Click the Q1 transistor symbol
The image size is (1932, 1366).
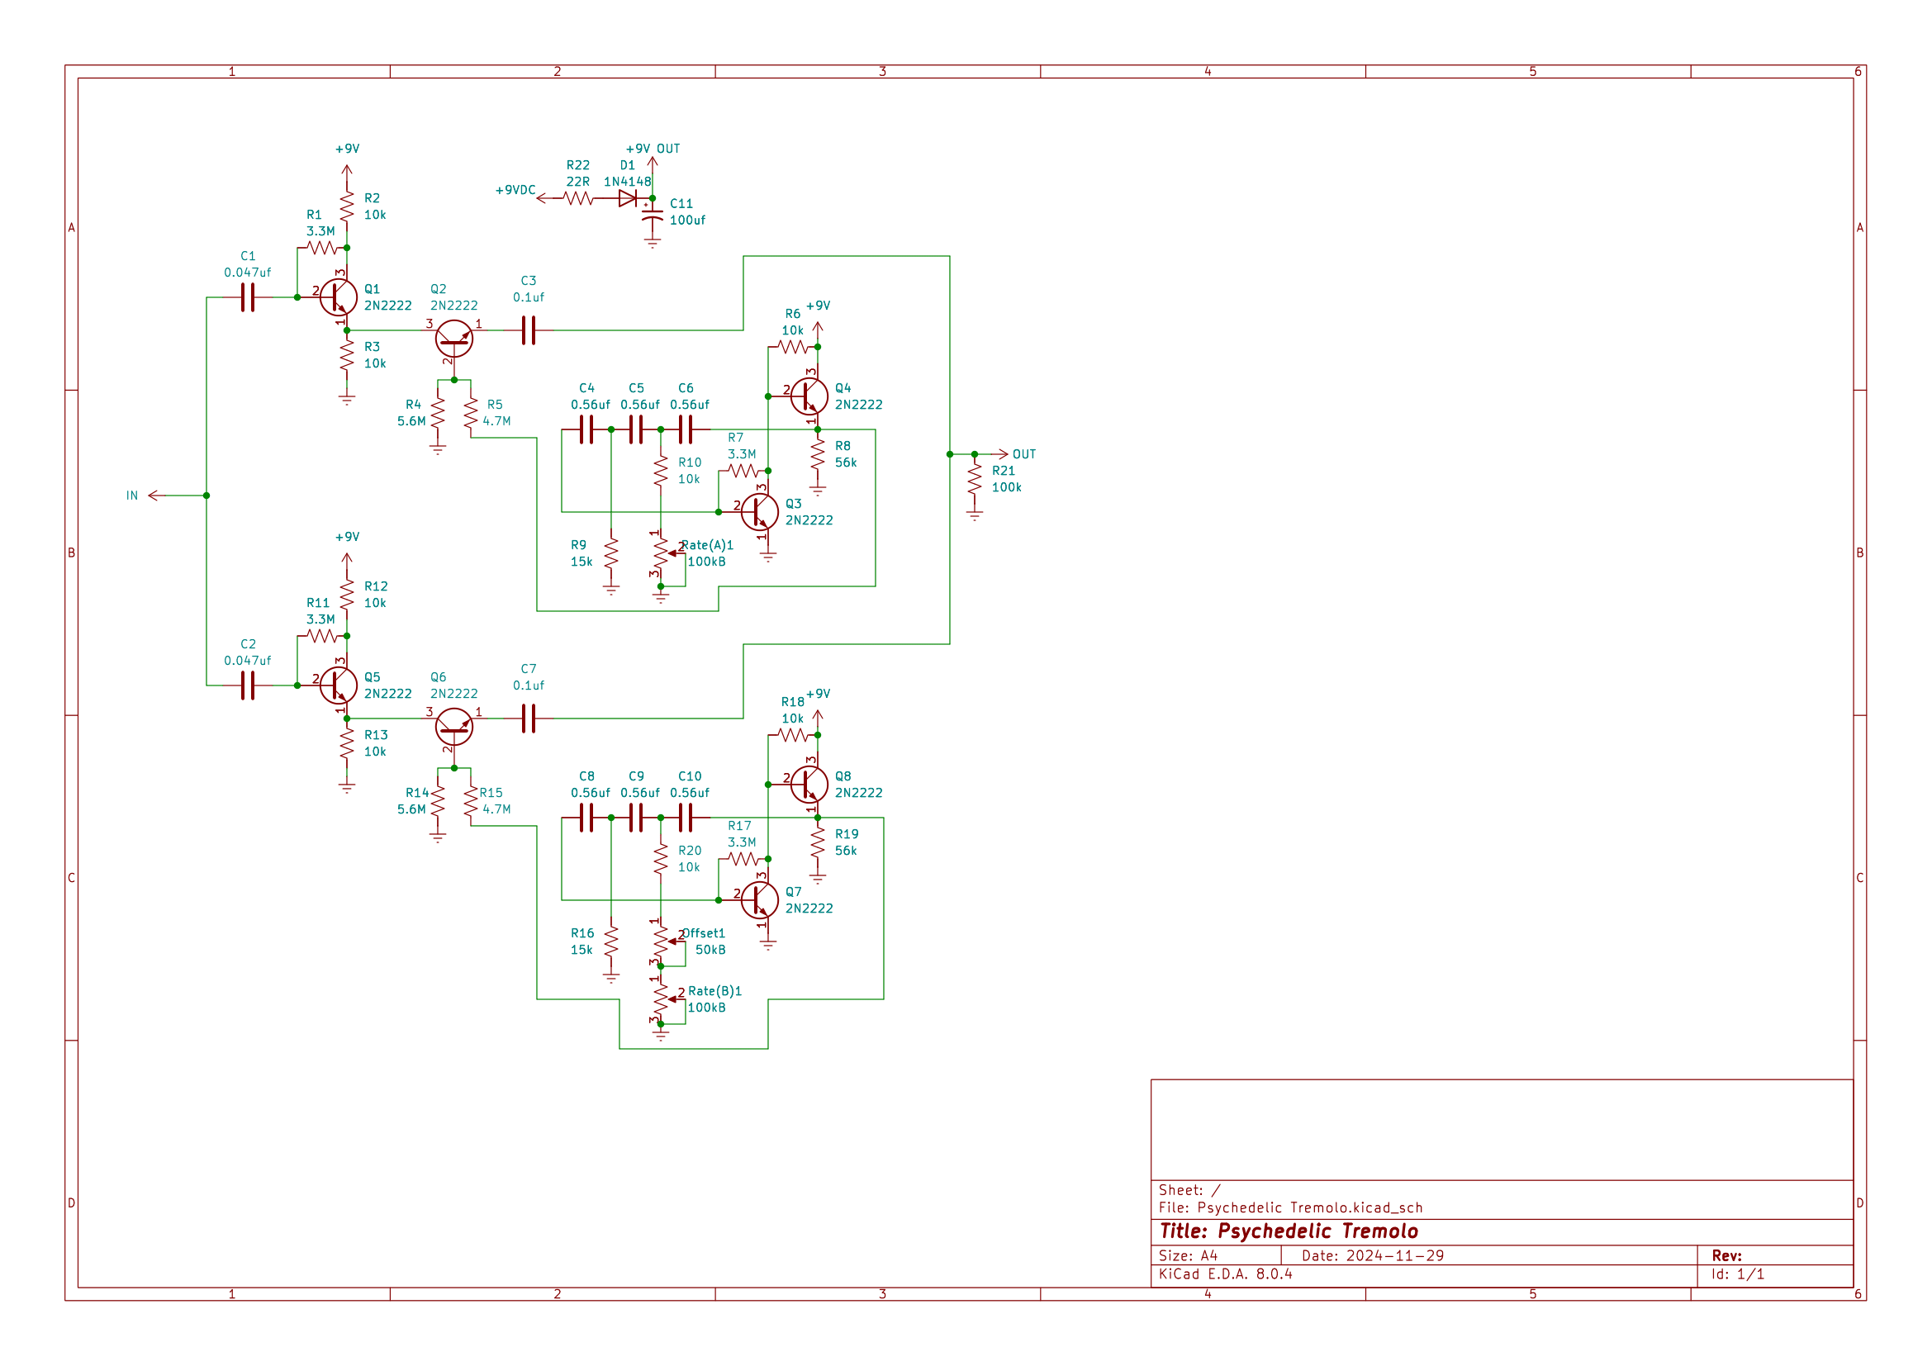(x=339, y=297)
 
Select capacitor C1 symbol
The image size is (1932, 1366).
(x=248, y=297)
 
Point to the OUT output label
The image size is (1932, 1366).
(x=1023, y=454)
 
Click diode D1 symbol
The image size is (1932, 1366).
(x=627, y=198)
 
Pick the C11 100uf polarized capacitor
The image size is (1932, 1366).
(x=653, y=215)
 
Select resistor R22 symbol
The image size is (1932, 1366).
(x=578, y=198)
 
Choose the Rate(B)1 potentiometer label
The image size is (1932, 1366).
(x=714, y=991)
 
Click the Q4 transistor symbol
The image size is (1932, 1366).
(x=809, y=396)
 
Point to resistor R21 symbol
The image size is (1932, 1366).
(x=975, y=479)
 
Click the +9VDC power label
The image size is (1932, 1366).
(x=515, y=190)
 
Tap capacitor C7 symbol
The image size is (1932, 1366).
(x=529, y=719)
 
